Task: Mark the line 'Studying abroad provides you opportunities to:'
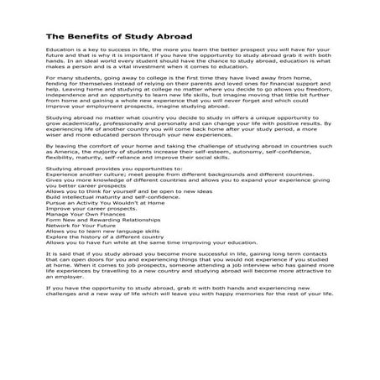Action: point(109,191)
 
